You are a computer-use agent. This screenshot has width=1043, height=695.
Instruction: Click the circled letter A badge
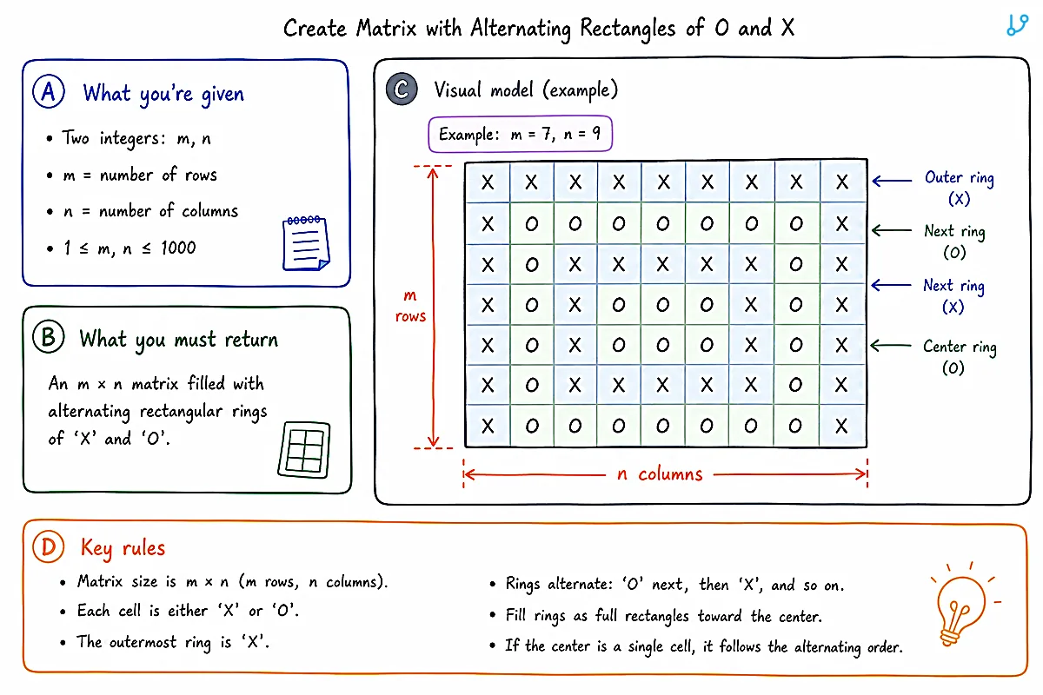(x=49, y=91)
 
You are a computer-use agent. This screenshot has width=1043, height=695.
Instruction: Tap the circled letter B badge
(x=49, y=337)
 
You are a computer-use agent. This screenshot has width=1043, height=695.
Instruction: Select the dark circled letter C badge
(x=402, y=89)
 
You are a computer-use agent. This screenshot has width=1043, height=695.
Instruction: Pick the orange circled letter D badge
(x=49, y=546)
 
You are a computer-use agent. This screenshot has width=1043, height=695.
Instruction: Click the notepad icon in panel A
(x=306, y=243)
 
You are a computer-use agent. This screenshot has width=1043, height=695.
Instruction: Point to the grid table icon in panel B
(x=304, y=450)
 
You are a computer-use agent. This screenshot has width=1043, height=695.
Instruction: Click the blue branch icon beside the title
(x=1018, y=25)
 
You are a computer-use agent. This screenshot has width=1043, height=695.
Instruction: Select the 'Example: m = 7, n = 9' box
(x=520, y=134)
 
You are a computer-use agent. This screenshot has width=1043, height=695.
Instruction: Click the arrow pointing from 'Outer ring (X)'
(x=892, y=181)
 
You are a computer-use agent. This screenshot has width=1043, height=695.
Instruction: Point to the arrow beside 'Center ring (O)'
(x=891, y=346)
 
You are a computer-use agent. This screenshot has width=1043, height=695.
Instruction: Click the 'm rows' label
(x=410, y=306)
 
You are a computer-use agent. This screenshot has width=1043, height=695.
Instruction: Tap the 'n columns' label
(x=660, y=473)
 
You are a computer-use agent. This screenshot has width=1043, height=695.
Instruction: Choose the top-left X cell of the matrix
(x=488, y=182)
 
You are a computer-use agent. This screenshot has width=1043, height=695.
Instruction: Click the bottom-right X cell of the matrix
(x=842, y=426)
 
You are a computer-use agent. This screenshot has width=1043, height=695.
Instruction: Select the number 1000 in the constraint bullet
(x=178, y=248)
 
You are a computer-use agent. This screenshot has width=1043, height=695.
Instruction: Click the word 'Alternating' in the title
(x=521, y=29)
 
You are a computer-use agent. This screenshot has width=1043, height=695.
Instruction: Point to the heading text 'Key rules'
(x=123, y=548)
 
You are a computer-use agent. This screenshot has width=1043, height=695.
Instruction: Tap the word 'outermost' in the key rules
(x=143, y=642)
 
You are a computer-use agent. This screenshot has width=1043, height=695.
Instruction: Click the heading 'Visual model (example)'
(x=526, y=89)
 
